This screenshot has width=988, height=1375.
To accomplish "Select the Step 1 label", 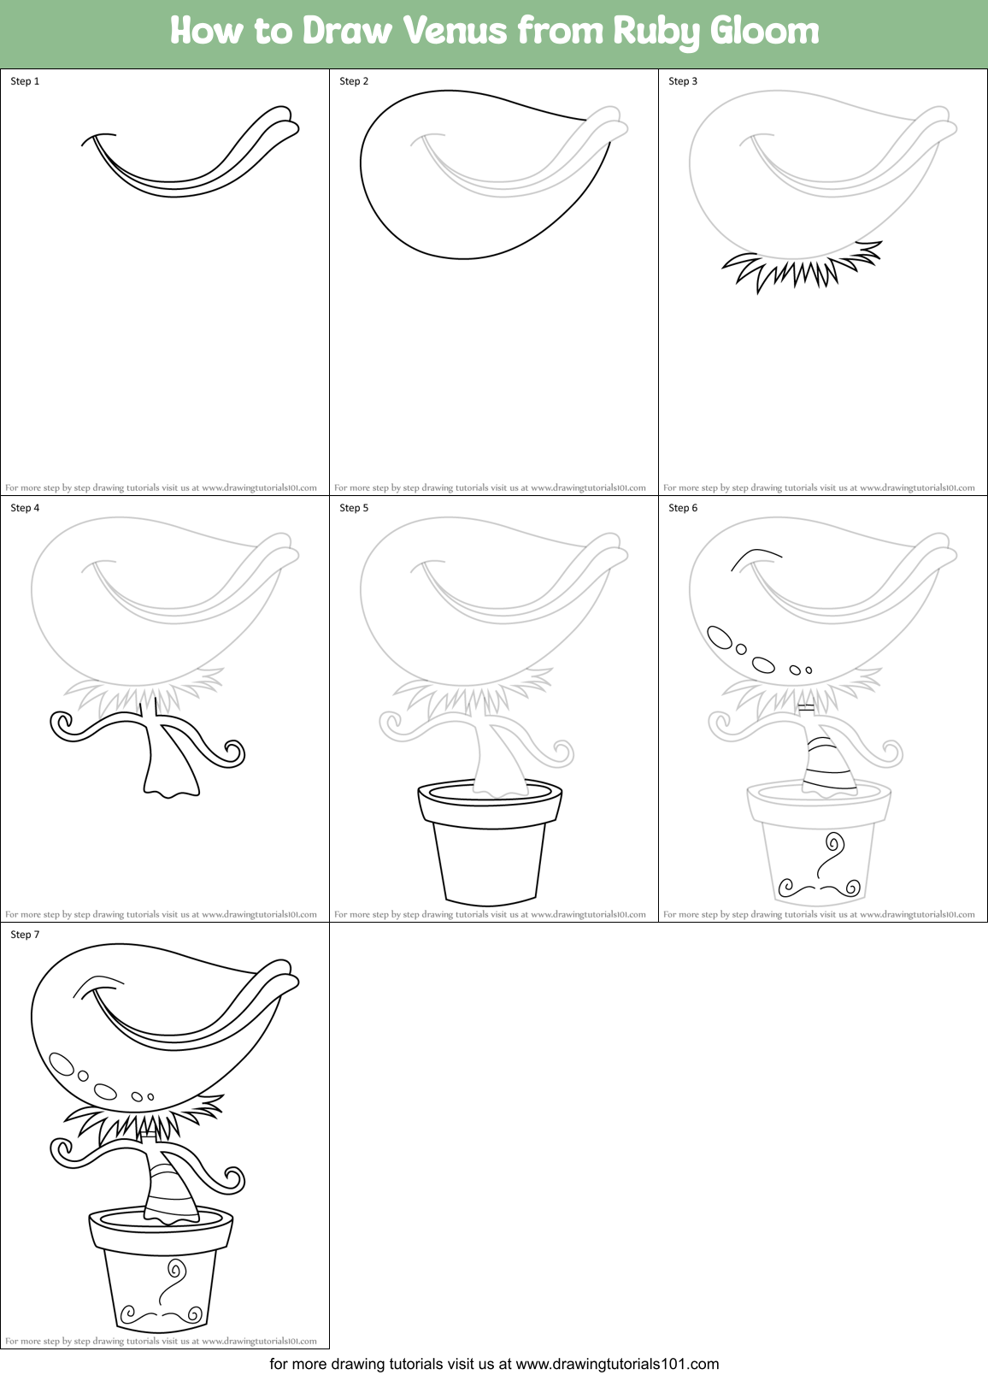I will point(25,81).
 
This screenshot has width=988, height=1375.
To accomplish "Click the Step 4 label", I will point(25,508).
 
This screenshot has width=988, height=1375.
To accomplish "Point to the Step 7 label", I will point(25,935).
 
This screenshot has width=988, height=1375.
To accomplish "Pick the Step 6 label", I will point(683,508).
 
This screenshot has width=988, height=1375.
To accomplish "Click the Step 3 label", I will point(683,81).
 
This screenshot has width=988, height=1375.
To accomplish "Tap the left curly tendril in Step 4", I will point(63,725).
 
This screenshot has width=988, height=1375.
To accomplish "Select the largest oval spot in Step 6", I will point(720,638).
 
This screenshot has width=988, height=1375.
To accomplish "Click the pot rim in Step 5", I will point(490,804).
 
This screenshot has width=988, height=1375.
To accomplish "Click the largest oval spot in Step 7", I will point(62,1064).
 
